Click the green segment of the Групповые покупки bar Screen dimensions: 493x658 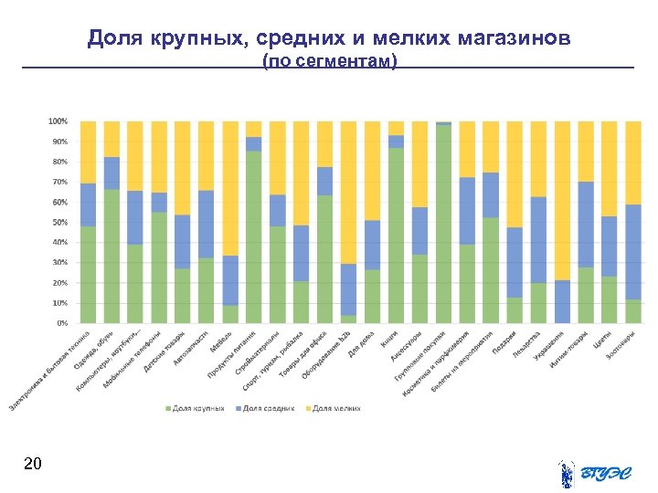(444, 224)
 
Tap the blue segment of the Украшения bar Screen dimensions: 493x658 (563, 301)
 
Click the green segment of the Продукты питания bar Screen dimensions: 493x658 (254, 237)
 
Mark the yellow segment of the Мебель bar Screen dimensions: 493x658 (230, 188)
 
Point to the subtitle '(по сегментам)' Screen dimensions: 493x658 (329, 61)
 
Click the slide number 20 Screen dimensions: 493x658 (32, 465)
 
